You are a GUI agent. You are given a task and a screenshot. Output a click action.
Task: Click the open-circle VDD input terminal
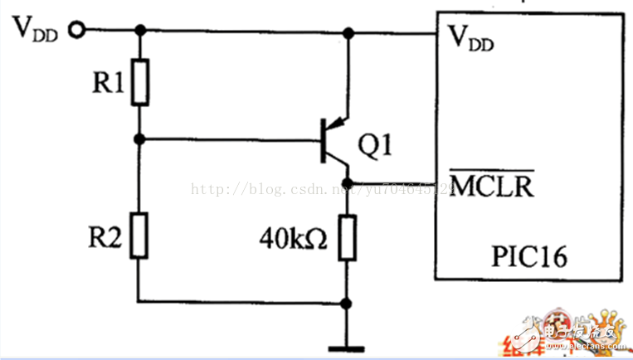[77, 31]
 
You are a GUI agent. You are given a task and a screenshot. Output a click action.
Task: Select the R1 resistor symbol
[140, 82]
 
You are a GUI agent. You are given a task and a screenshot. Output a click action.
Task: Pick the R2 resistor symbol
[140, 234]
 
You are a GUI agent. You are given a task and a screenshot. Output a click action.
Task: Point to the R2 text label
[105, 239]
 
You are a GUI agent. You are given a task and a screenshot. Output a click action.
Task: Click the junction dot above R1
[140, 32]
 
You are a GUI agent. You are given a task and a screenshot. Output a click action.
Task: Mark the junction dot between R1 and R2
[140, 139]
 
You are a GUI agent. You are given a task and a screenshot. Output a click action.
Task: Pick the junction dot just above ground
[348, 302]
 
